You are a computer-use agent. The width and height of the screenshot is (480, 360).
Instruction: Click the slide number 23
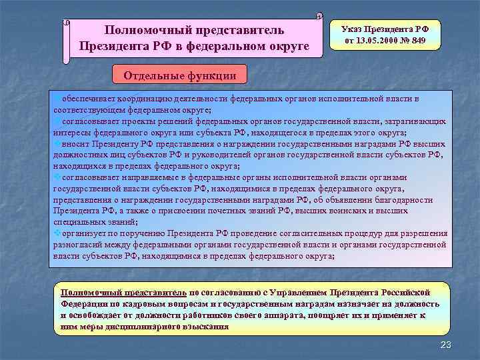(x=447, y=344)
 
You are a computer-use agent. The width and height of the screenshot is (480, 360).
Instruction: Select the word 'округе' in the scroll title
(x=281, y=47)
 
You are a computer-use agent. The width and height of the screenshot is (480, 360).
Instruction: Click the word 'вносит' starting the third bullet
(x=73, y=142)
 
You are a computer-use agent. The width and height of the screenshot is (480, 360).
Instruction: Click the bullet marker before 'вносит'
(x=56, y=142)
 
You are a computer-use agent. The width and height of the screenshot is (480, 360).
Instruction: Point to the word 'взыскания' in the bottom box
(x=207, y=327)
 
